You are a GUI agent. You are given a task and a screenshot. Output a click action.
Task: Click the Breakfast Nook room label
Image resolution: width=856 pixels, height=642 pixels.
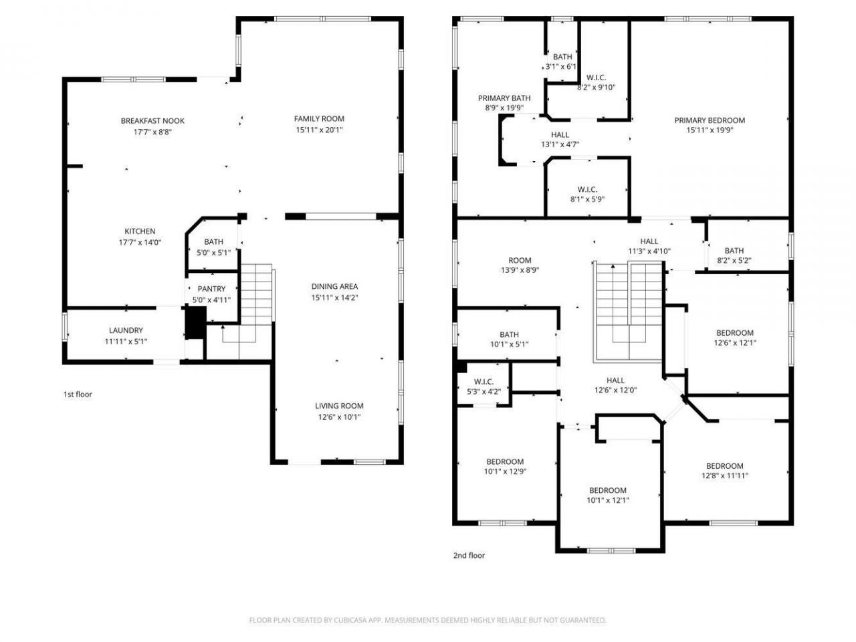coord(152,121)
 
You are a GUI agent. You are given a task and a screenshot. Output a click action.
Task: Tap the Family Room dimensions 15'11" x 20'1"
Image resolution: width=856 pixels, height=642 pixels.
coord(319,130)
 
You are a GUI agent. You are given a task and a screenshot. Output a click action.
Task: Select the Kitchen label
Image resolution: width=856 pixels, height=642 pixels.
coord(140,231)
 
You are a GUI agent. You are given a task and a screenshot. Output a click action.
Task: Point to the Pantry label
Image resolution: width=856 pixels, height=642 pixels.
coord(211,289)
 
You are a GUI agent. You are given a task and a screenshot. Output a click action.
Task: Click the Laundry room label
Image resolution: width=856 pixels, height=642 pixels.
coord(126,330)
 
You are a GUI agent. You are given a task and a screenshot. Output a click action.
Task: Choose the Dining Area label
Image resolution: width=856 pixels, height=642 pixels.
coord(334,286)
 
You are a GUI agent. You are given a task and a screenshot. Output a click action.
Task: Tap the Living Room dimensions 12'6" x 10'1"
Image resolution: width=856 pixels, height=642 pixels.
coord(339,417)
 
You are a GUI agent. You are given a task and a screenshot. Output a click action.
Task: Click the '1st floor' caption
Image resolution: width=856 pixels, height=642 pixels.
coord(78,395)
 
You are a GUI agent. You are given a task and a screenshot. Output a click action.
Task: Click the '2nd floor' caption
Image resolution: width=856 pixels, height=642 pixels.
coord(469,556)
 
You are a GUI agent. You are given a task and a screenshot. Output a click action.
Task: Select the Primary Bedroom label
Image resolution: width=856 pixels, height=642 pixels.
coord(709,120)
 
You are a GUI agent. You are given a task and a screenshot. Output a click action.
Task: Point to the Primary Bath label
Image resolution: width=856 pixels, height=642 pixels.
coord(504,98)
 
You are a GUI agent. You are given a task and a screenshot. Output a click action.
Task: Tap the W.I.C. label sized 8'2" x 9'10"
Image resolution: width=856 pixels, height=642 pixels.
coord(596,78)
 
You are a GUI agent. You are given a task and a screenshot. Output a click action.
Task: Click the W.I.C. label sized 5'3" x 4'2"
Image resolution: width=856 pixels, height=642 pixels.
coord(484,382)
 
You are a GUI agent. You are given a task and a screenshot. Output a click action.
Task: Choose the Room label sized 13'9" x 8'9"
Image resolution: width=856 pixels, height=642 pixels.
coord(520,261)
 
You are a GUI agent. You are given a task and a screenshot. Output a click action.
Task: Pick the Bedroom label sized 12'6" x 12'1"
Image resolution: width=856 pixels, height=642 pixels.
coord(734,333)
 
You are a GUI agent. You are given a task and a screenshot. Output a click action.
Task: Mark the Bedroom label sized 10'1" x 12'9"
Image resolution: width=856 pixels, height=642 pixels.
coord(504,462)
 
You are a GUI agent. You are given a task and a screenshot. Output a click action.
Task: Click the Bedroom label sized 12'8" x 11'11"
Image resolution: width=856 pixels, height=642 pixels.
coord(724,466)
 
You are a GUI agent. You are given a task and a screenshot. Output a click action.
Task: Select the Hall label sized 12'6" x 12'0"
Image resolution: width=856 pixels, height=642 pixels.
coord(615,380)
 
